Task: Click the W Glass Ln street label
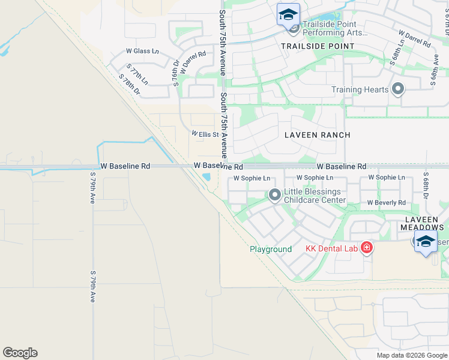[142, 52]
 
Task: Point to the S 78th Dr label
[129, 85]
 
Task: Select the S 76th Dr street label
[176, 73]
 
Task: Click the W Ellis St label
[205, 134]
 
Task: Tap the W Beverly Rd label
[386, 203]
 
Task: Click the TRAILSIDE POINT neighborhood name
[318, 46]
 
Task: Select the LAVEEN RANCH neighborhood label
[317, 135]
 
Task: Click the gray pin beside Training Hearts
[397, 90]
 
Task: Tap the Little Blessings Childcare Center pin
[275, 195]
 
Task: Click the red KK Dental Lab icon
[366, 247]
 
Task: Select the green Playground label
[271, 249]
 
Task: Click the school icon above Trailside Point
[288, 14]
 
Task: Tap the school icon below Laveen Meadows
[426, 242]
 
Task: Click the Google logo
[20, 353]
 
